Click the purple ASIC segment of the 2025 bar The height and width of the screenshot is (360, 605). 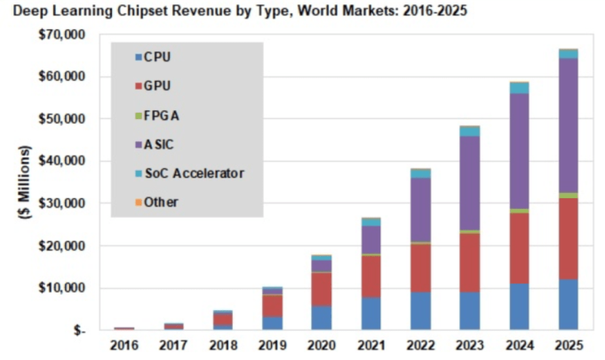click(x=568, y=124)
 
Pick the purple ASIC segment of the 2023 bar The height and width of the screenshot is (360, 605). click(x=469, y=183)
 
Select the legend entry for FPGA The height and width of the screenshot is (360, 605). click(x=165, y=116)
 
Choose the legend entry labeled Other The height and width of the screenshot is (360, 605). click(x=161, y=202)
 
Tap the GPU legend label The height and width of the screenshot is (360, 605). click(x=157, y=87)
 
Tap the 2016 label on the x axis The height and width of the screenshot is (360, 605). click(x=123, y=346)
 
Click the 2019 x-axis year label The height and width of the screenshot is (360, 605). click(x=272, y=346)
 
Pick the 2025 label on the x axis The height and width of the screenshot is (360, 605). click(x=568, y=346)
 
